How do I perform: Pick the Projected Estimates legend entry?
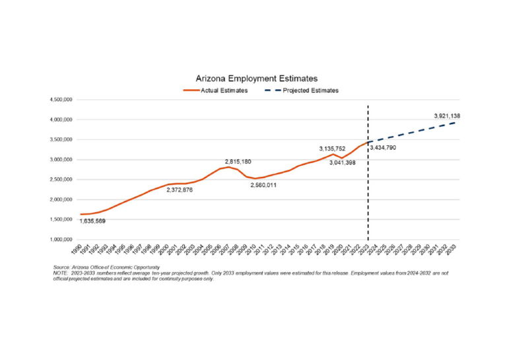[x=310, y=90]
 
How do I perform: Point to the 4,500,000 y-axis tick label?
[x=59, y=100]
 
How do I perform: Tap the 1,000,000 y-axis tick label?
[x=59, y=239]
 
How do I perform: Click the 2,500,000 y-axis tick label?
[x=59, y=180]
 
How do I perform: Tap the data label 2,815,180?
[x=238, y=162]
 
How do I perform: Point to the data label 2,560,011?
[x=263, y=186]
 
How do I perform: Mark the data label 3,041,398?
[x=343, y=162]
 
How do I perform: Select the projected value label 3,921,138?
[x=447, y=116]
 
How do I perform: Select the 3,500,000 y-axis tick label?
[x=59, y=140]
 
